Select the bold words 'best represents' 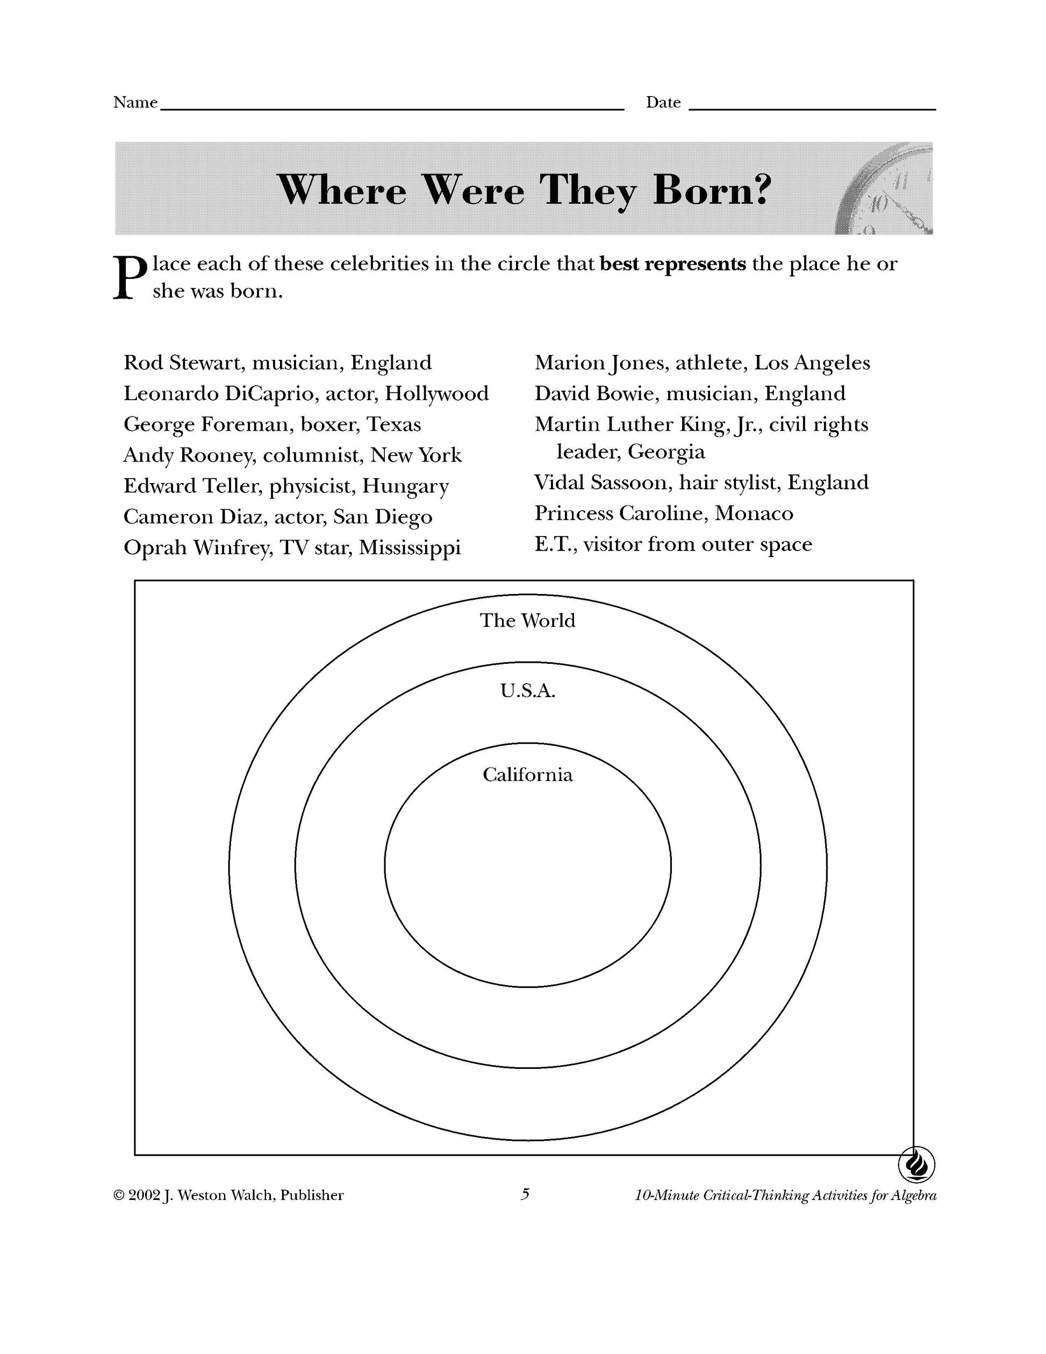click(x=673, y=264)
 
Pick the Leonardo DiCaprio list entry click(x=306, y=394)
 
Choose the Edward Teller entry click(x=286, y=486)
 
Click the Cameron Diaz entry click(x=278, y=517)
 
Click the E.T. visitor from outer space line click(x=673, y=544)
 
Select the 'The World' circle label click(x=527, y=620)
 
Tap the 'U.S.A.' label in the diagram click(x=527, y=691)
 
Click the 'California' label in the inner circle click(x=527, y=775)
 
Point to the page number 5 click(x=525, y=1194)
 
